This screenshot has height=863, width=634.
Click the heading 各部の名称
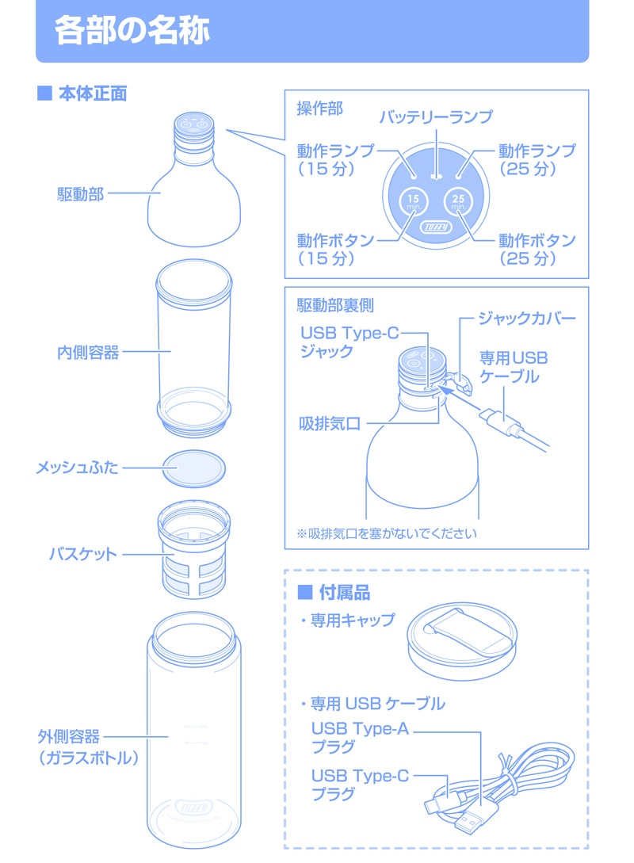pos(132,29)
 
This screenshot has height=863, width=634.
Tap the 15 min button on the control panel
pos(414,202)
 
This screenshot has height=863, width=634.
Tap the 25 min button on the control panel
pos(458,202)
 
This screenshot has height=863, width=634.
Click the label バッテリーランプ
pos(436,116)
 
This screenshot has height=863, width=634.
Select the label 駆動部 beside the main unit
pos(80,193)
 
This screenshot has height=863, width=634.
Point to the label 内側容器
pos(88,352)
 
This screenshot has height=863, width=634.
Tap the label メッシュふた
pos(77,468)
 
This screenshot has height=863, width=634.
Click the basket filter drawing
pos(193,549)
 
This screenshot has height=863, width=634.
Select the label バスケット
pos(83,554)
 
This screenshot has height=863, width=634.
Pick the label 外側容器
pos(69,736)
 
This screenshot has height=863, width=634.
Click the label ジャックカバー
pos(527,318)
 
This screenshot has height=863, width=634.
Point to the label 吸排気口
pos(330,423)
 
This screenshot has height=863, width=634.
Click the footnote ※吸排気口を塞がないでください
pos(387,533)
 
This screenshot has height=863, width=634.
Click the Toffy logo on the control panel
pos(436,227)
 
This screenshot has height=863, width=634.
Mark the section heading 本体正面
pos(93,94)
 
